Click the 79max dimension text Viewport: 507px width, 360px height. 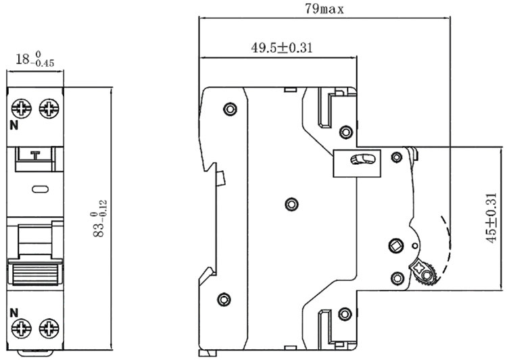(325, 9)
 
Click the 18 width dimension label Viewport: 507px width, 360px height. (34, 60)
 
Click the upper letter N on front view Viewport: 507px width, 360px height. (13, 126)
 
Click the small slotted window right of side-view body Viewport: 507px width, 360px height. (358, 159)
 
